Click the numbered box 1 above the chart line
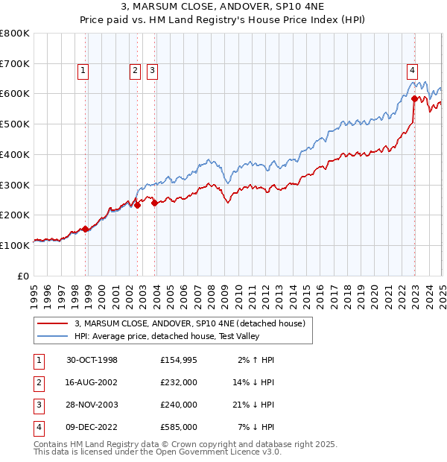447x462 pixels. [83, 72]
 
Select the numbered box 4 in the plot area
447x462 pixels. [412, 72]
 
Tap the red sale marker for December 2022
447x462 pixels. [414, 98]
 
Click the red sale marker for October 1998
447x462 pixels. [86, 229]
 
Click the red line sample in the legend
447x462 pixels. [51, 324]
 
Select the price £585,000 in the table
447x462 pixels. [179, 428]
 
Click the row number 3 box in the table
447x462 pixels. [38, 405]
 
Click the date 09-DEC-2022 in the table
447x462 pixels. [92, 428]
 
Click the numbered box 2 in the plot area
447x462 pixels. [135, 72]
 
